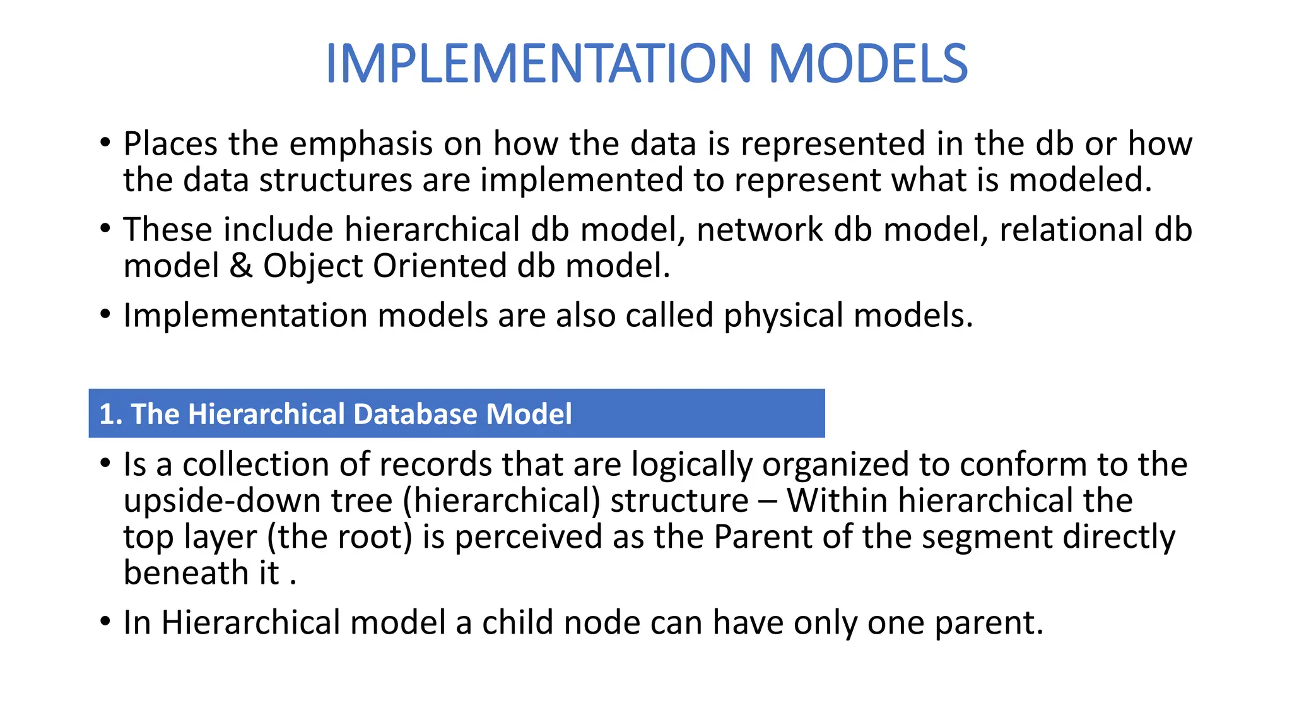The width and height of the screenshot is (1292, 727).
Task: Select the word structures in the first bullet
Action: [x=336, y=180]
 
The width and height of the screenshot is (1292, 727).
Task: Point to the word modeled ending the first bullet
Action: [x=1079, y=180]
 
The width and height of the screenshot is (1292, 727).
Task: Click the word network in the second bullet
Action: [x=760, y=230]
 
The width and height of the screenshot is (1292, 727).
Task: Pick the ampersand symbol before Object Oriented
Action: [x=240, y=266]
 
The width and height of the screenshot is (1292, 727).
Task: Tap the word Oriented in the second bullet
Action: [x=439, y=266]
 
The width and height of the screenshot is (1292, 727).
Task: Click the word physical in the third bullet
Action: [x=783, y=315]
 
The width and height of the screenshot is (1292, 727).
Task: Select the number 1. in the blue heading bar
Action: [x=110, y=415]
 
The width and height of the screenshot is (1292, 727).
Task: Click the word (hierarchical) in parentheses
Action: [x=502, y=501]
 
